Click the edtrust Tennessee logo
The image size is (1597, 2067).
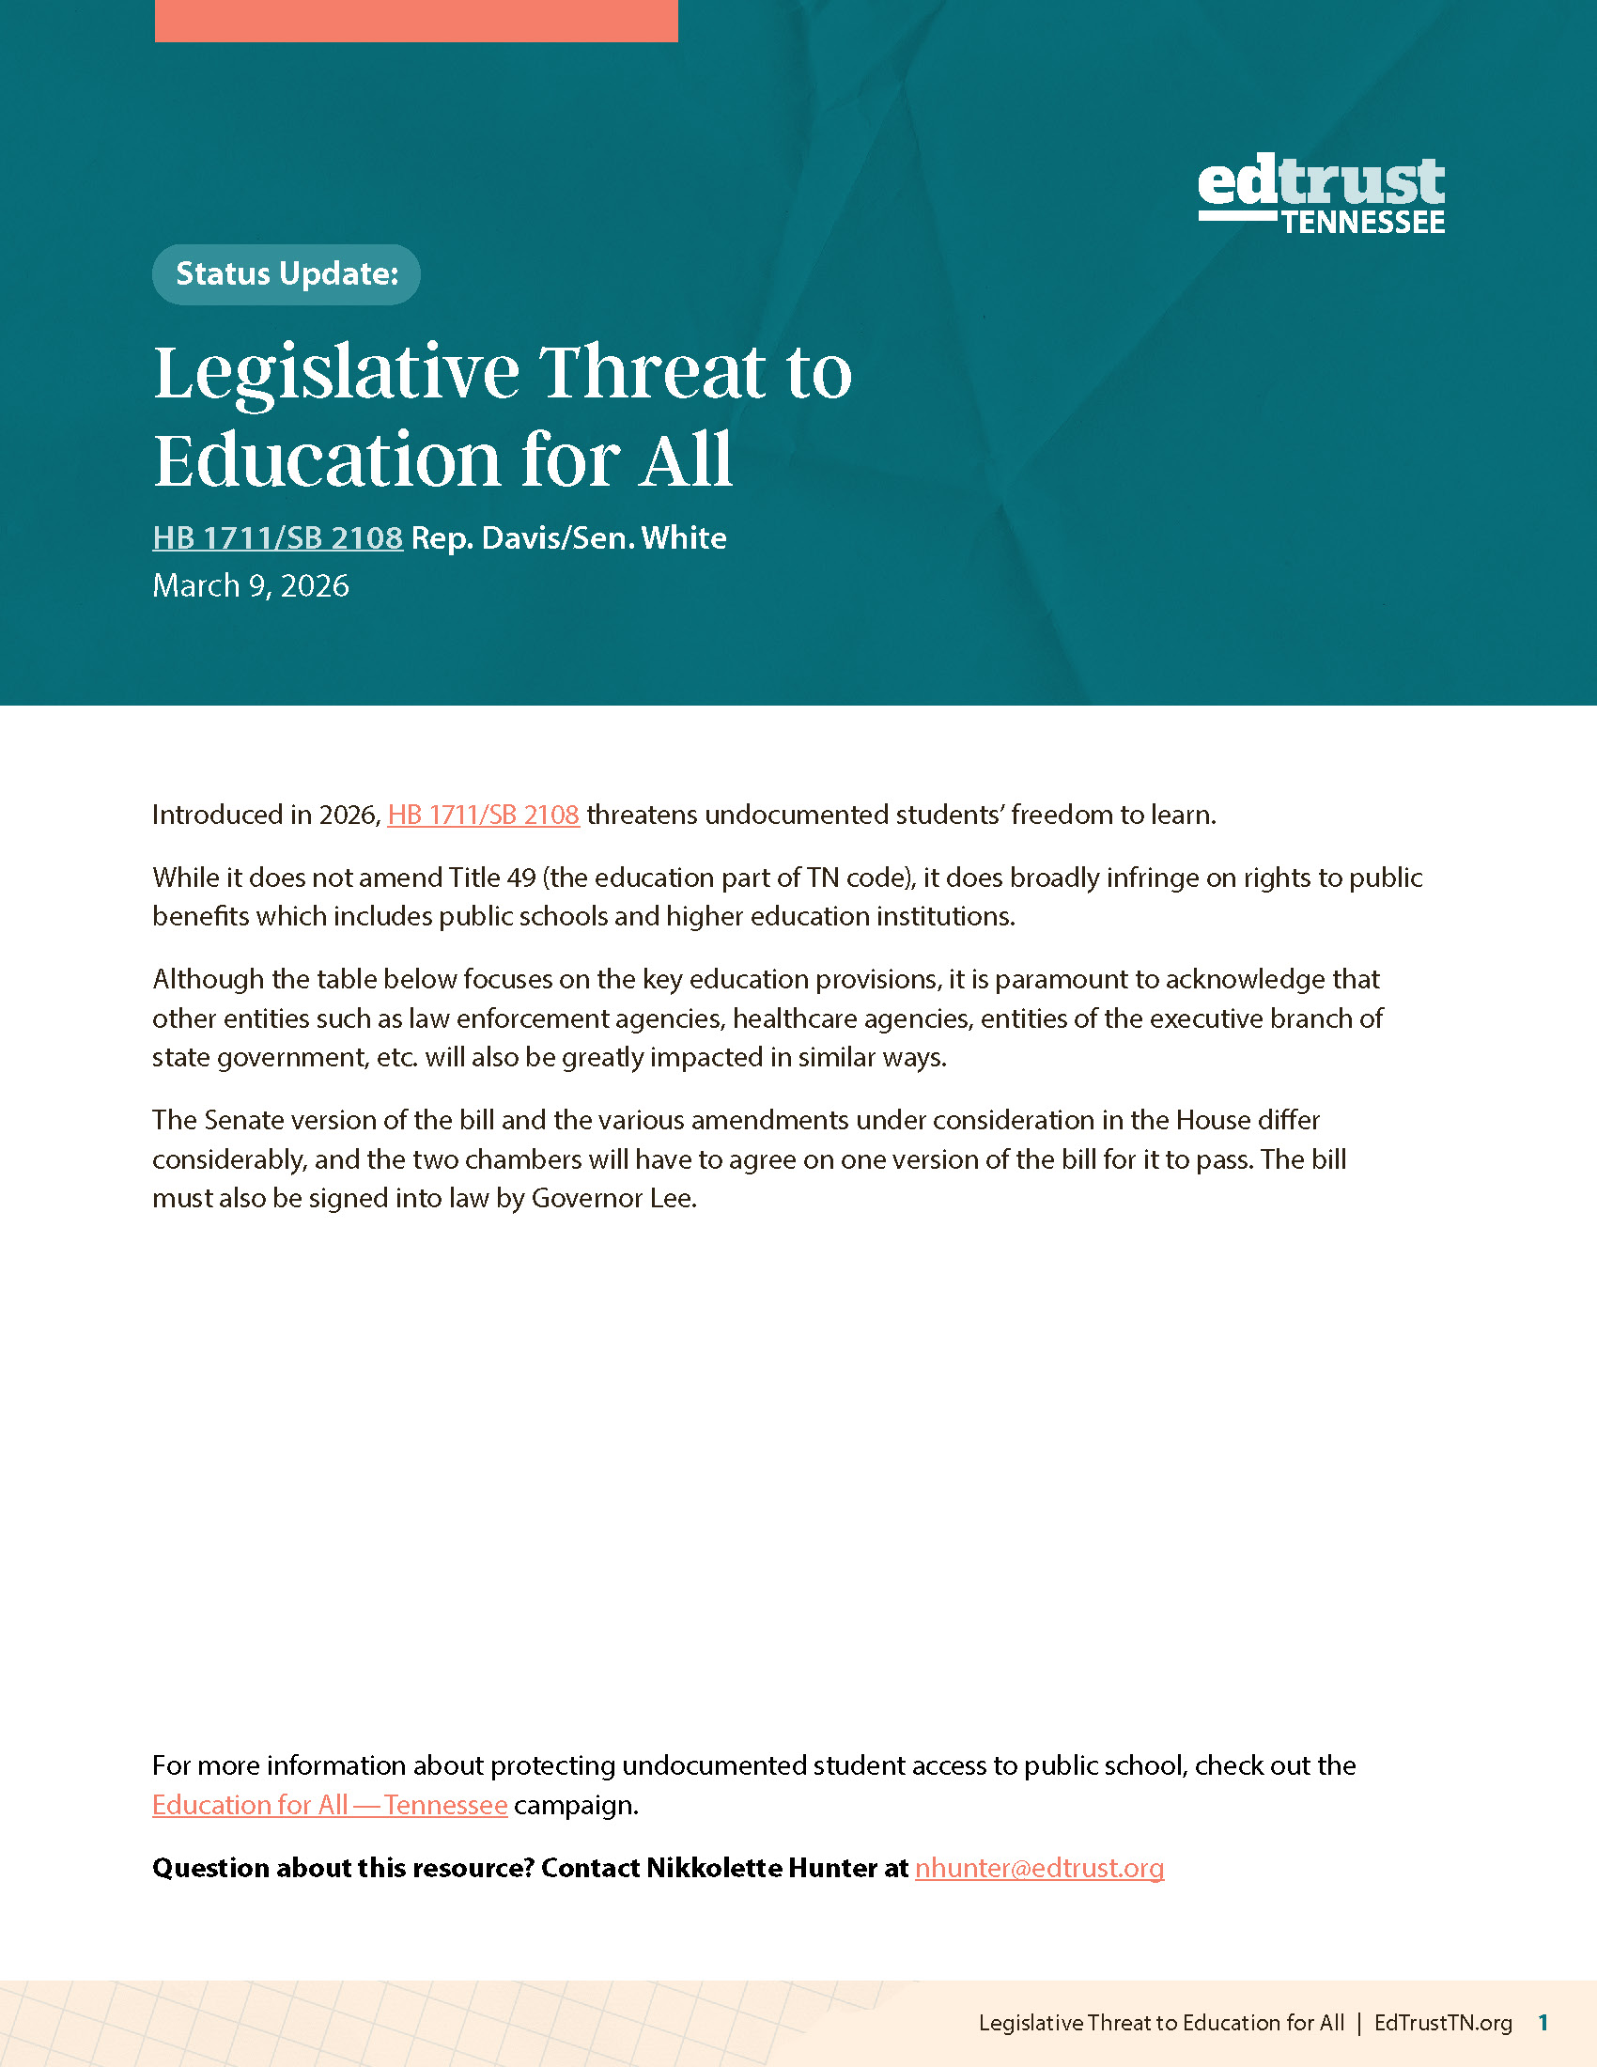(1321, 195)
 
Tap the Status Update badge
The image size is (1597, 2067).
(287, 274)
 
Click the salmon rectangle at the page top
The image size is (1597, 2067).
(416, 20)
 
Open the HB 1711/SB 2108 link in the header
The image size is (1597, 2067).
(277, 538)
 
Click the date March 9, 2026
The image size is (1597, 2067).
(251, 586)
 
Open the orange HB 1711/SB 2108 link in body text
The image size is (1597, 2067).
(484, 815)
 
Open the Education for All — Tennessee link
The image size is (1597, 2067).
(329, 1805)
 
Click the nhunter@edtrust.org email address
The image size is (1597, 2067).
(1039, 1867)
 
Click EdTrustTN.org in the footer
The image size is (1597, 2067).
(1443, 2023)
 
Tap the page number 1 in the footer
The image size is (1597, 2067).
(1543, 2023)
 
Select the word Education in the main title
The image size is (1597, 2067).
(328, 461)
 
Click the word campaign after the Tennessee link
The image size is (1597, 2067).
(574, 1805)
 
